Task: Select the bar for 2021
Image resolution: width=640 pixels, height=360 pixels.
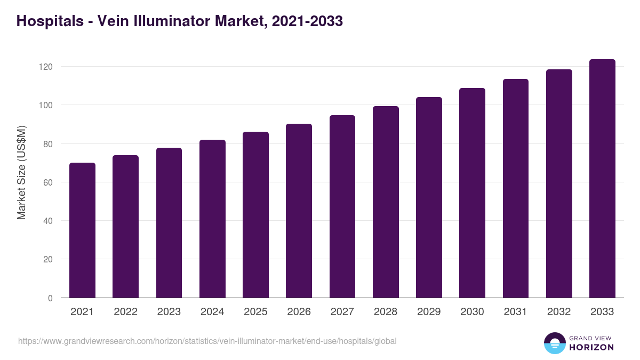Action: (82, 230)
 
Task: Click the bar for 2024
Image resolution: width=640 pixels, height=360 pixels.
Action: (212, 219)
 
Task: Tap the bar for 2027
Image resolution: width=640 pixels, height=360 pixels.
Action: (342, 206)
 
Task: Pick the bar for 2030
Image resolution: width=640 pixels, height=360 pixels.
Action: (472, 193)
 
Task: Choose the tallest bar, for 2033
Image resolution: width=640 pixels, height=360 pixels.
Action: (602, 179)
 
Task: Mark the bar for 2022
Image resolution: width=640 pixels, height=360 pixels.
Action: (125, 227)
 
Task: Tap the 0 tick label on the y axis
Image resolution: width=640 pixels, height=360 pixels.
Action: (51, 298)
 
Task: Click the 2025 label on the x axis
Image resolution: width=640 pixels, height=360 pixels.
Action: (255, 312)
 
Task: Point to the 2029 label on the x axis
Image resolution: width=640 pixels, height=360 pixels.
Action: (429, 312)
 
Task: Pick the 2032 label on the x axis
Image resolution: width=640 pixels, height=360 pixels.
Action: (559, 312)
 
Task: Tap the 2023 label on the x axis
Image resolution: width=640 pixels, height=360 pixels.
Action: (169, 312)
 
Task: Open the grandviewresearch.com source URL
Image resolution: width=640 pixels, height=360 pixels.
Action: (207, 341)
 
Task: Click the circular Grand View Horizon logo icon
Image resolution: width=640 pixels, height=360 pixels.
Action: (555, 343)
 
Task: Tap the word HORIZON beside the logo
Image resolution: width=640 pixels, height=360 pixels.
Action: (591, 347)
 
